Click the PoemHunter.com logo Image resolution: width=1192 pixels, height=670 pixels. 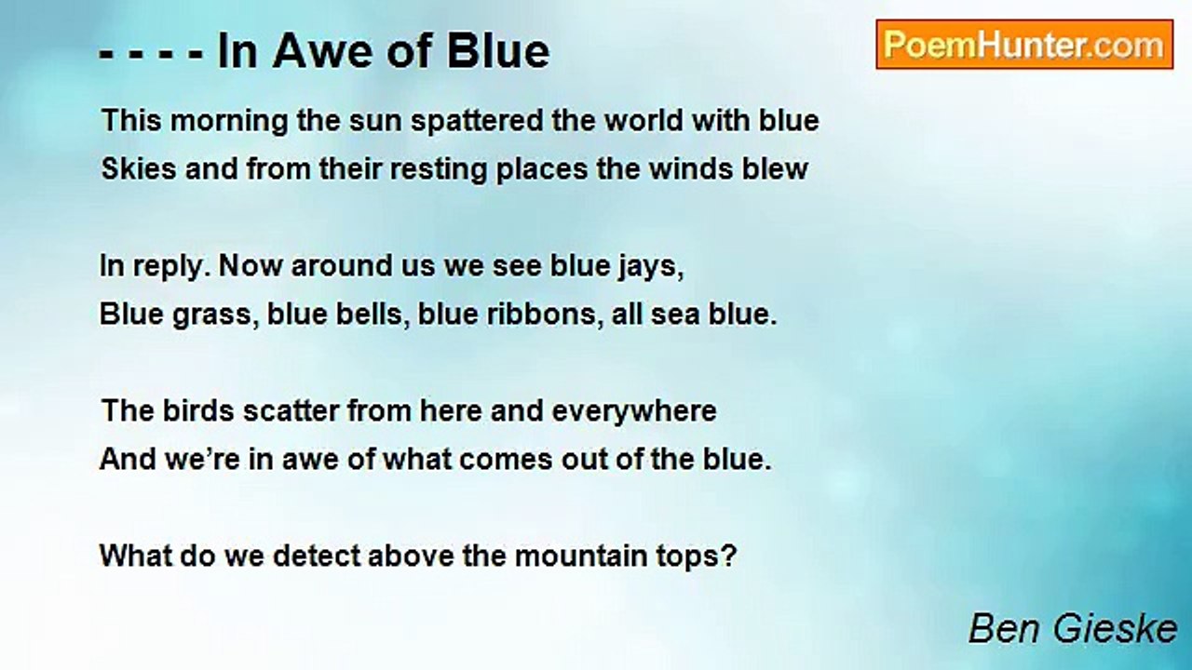[1024, 45]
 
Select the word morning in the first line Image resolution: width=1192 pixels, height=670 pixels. [229, 122]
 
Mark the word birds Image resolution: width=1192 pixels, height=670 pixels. [198, 411]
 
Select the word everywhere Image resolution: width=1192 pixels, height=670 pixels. [634, 412]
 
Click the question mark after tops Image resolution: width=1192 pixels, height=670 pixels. [728, 556]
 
